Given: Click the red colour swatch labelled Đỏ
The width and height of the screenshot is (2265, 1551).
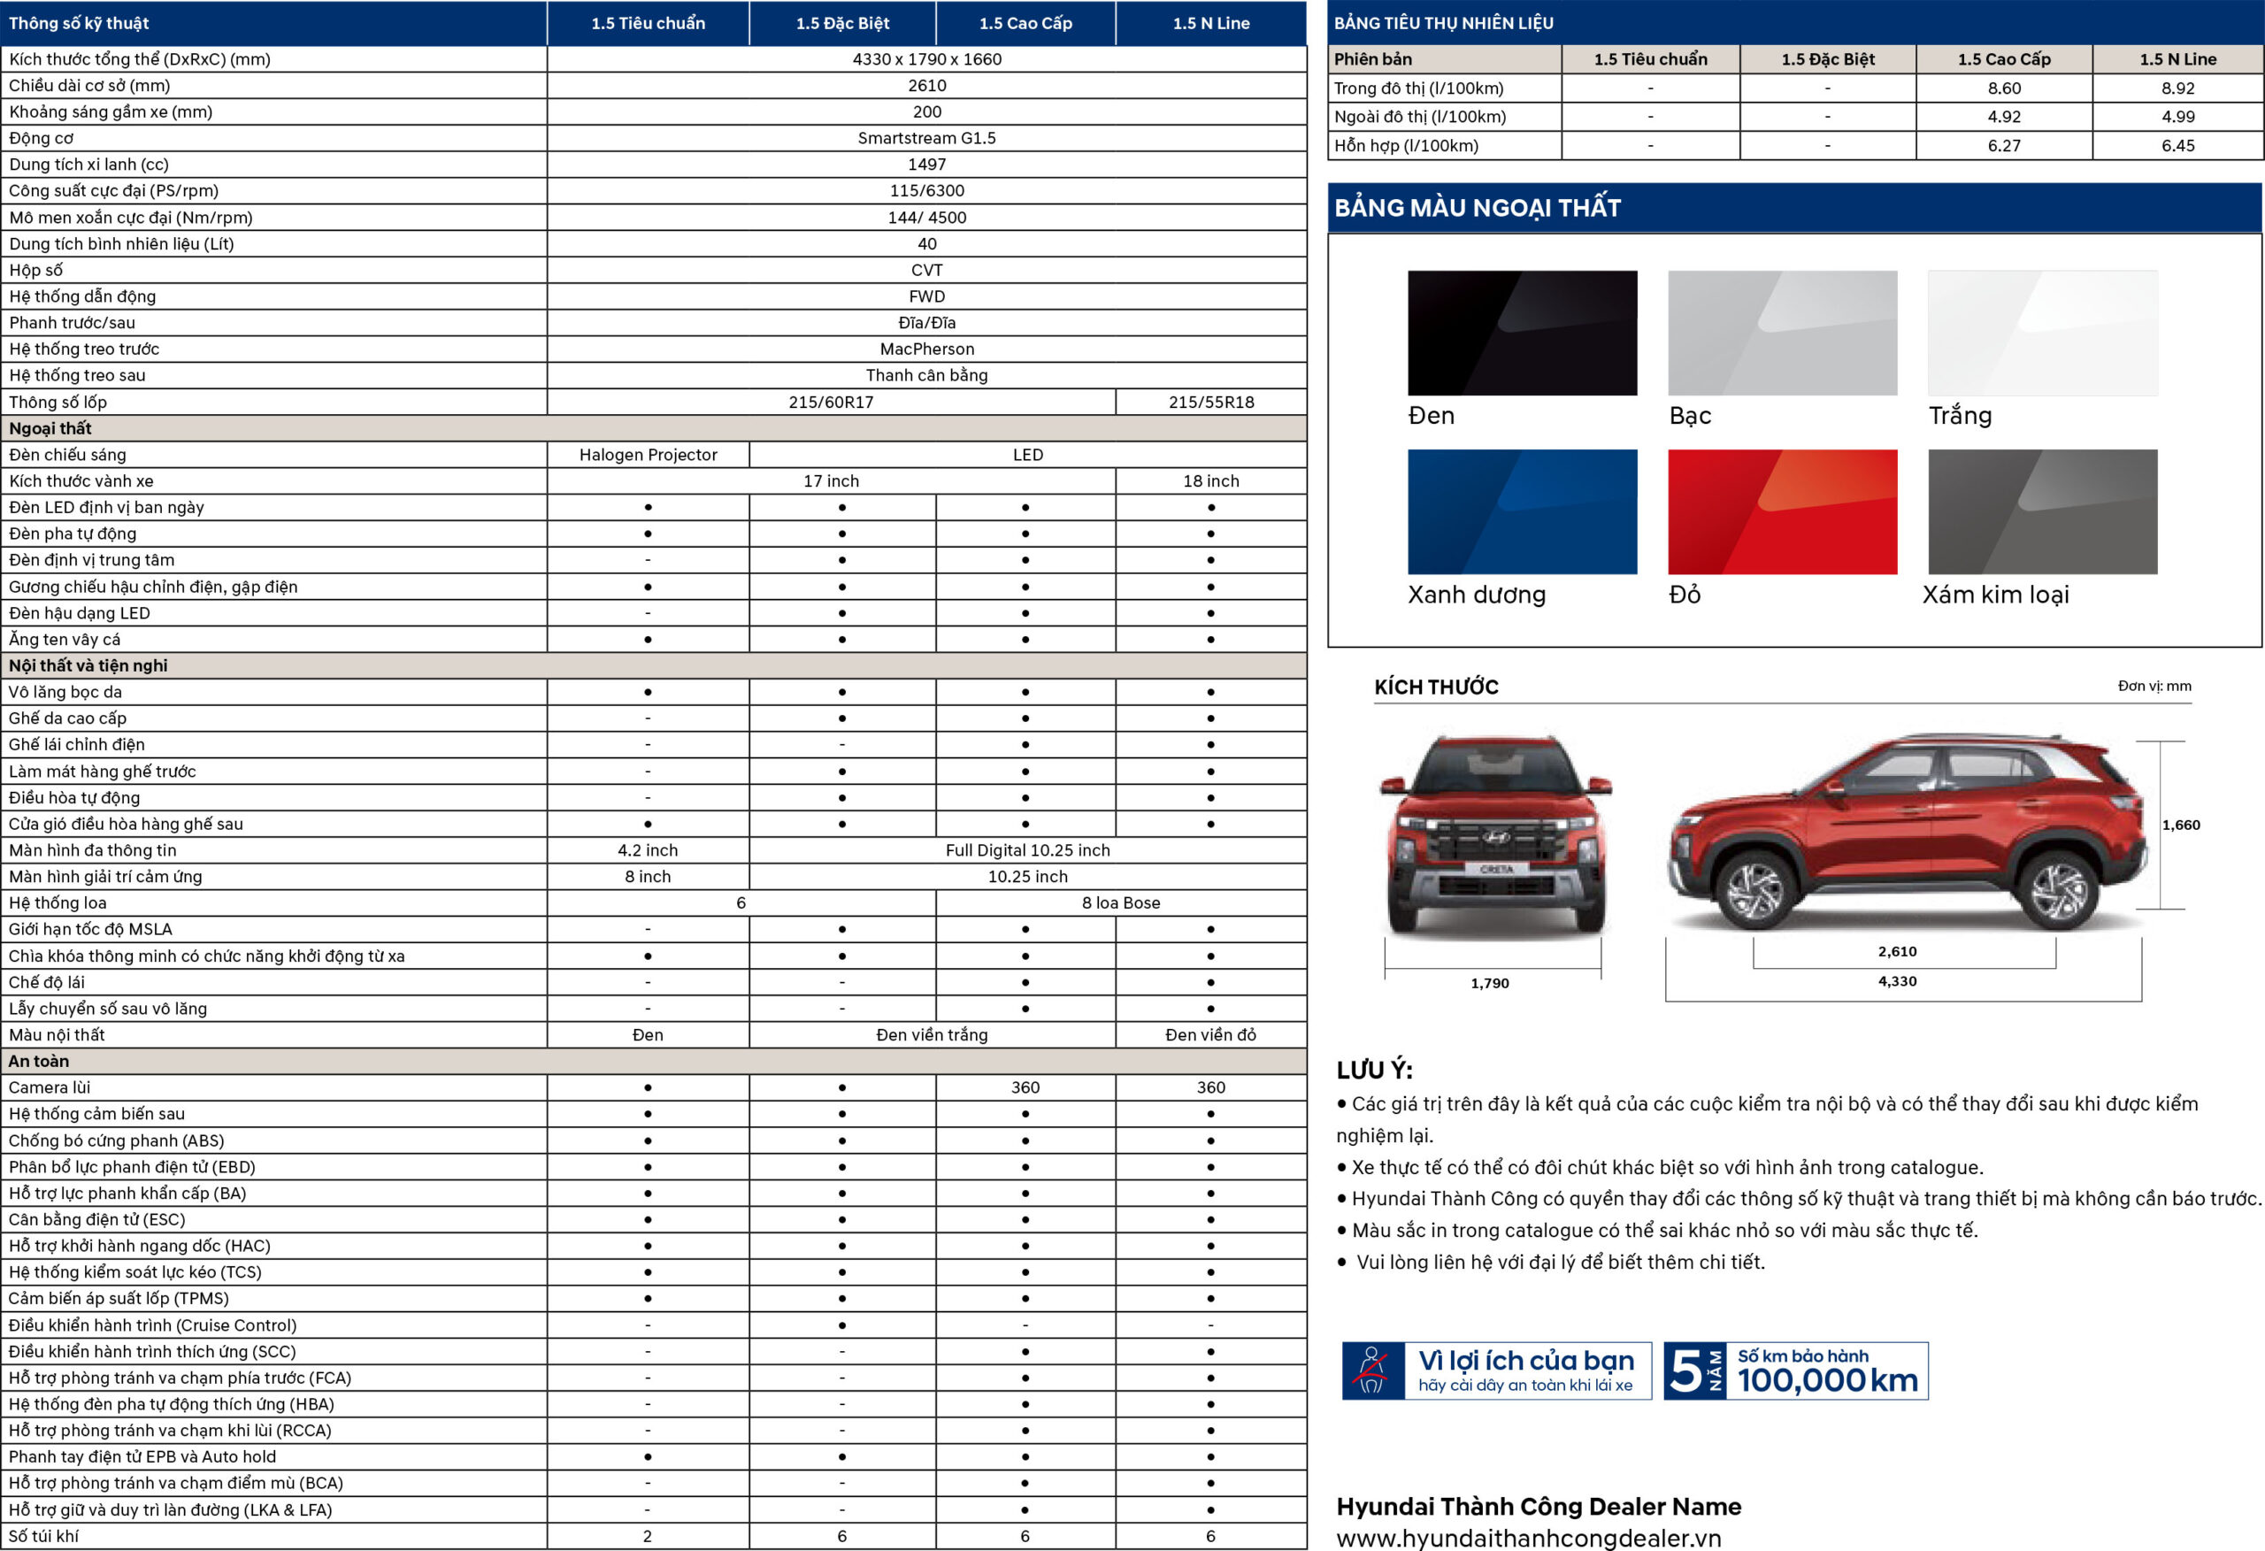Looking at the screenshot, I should (1782, 511).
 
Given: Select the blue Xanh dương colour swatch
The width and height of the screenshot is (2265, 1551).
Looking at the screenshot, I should (1522, 511).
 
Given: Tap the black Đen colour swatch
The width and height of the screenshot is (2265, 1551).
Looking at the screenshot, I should (1522, 333).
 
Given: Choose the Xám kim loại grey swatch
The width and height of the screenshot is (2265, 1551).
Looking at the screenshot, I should (2042, 511).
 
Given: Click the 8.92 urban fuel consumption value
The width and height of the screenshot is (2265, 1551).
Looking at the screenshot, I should (2177, 88).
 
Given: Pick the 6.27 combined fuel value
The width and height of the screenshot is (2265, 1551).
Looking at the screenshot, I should (2004, 145).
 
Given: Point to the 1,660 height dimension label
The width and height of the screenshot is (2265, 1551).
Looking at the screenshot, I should (2180, 825).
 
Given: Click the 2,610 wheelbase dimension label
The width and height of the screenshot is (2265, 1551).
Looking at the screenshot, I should (1897, 951).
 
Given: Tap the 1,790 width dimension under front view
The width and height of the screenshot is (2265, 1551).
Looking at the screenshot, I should (1489, 983).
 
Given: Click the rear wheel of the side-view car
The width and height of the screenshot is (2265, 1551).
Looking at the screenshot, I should (2057, 889).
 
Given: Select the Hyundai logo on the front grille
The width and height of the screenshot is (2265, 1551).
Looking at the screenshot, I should (1495, 836).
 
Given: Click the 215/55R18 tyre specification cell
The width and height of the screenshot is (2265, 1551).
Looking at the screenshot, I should (1210, 402).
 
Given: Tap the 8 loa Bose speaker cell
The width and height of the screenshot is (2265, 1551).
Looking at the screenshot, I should (1120, 902).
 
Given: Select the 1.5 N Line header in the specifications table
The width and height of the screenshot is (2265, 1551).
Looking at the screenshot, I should (1210, 23).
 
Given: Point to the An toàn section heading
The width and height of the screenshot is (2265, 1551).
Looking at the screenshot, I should (39, 1061).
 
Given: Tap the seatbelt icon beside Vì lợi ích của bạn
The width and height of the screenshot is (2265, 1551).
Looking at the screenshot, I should (1371, 1371).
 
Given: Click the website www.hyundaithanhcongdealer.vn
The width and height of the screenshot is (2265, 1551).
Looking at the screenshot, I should (1528, 1538).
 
